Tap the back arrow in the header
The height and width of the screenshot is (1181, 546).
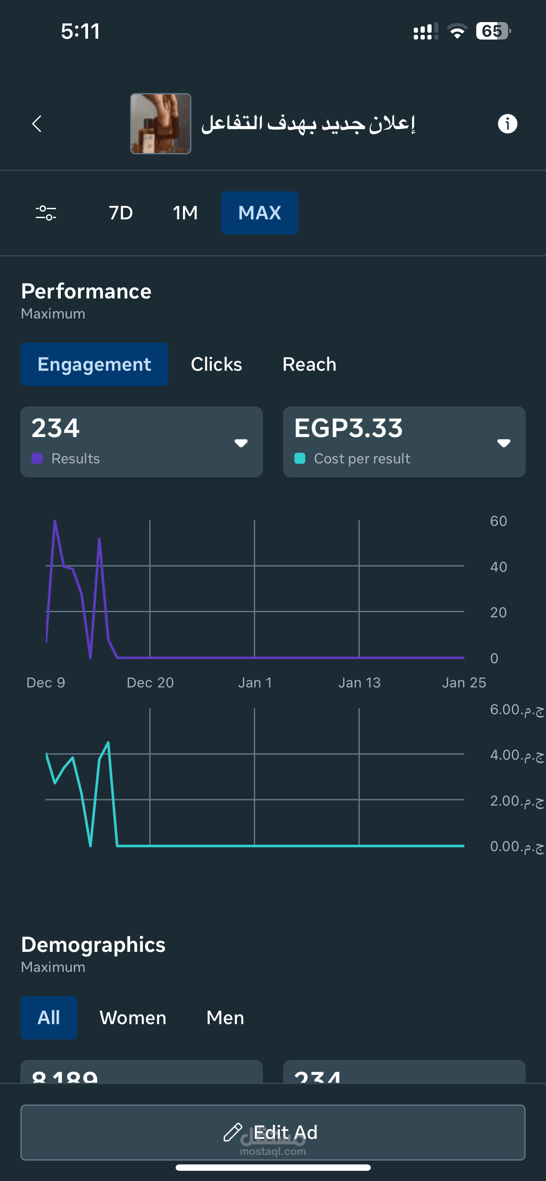pos(37,124)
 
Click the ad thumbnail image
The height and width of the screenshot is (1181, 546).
pos(160,124)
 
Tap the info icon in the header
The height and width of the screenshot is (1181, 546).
pos(507,124)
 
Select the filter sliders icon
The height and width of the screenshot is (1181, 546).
pos(46,213)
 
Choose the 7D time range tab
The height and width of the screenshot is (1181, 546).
pos(121,213)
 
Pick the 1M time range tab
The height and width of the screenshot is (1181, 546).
pos(185,213)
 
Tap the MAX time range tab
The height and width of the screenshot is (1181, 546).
pos(259,213)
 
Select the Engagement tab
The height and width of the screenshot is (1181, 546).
pos(94,364)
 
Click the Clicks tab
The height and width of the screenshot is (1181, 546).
pos(216,364)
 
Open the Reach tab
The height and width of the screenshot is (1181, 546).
pos(310,364)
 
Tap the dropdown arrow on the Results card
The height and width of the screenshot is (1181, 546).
pos(241,443)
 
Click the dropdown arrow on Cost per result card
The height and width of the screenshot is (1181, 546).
pos(504,443)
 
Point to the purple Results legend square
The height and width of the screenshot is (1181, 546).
pos(37,458)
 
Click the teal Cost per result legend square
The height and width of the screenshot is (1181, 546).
pos(300,458)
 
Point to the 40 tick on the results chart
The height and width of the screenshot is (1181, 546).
pos(498,567)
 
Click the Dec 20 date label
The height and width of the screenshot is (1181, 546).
pos(150,683)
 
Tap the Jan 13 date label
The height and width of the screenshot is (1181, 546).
pos(359,683)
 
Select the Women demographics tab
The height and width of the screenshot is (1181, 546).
pos(133,1018)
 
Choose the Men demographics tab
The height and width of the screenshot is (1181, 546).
pos(225,1018)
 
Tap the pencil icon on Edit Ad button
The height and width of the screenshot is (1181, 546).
pos(233,1132)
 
